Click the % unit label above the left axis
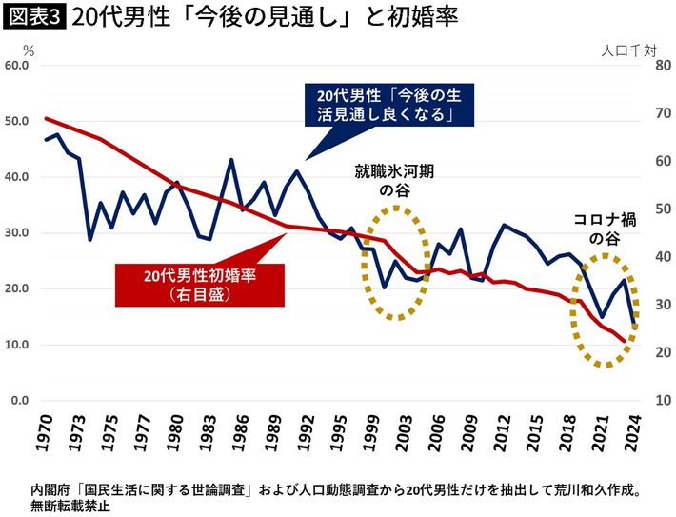tap(29, 48)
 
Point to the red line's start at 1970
tap(47, 118)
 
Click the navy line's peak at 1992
tap(297, 171)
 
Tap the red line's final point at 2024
tap(626, 341)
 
